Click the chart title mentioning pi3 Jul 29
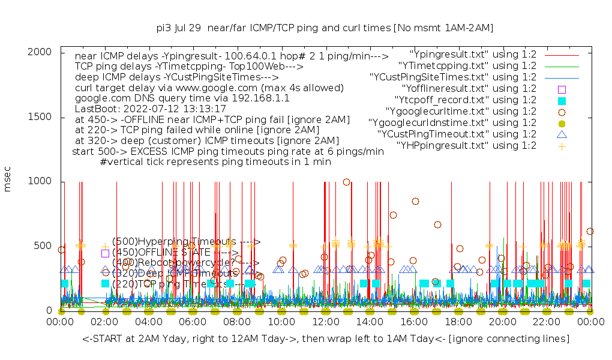325,28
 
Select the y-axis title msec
8,181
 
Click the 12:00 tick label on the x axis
326,322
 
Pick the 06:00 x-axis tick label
193,322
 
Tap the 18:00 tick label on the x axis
458,322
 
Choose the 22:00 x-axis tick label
547,322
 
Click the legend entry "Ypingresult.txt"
473,54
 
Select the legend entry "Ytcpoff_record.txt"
466,100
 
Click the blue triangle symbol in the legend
562,134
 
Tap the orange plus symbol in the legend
562,145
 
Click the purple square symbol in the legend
562,88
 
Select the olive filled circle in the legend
562,122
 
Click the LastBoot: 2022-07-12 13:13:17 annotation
151,109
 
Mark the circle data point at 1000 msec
346,182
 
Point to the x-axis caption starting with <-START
326,339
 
